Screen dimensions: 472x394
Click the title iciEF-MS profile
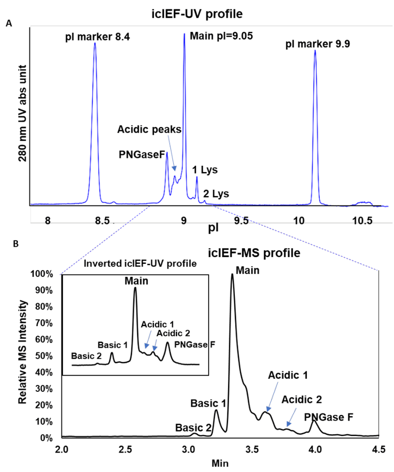[x=254, y=253]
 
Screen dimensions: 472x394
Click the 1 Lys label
[x=204, y=170]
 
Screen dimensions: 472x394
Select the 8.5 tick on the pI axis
[x=107, y=221]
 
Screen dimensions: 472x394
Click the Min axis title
[x=220, y=463]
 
